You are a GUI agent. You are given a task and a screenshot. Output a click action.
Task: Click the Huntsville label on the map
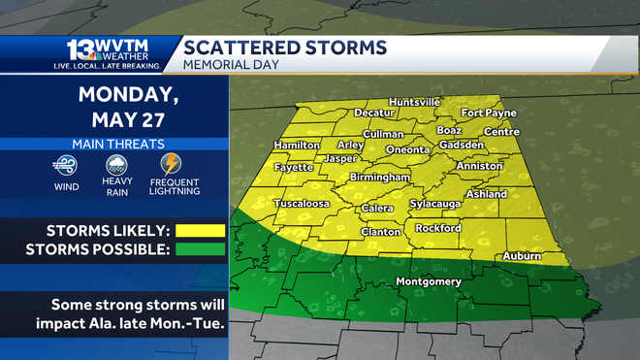[x=414, y=102]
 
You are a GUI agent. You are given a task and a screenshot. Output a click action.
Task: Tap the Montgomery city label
[x=429, y=282]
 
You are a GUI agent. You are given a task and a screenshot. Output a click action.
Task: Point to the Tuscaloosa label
[x=303, y=204]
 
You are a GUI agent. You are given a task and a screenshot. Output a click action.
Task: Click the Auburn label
[x=522, y=256]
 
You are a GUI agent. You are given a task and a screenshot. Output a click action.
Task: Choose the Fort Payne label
[x=489, y=114]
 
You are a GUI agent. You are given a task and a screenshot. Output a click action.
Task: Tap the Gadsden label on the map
[x=462, y=144]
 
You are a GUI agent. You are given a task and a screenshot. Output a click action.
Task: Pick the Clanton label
[x=380, y=232]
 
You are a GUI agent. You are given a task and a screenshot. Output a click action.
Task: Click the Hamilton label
[x=297, y=144]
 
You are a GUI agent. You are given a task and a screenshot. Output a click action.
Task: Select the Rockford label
[x=437, y=228]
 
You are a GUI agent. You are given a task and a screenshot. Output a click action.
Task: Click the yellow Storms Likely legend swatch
[x=200, y=231]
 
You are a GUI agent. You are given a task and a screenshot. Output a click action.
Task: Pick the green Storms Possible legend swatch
[x=200, y=249]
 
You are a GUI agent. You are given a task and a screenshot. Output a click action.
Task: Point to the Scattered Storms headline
[x=285, y=48]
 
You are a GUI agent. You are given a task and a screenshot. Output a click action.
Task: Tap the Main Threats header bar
[x=114, y=144]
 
